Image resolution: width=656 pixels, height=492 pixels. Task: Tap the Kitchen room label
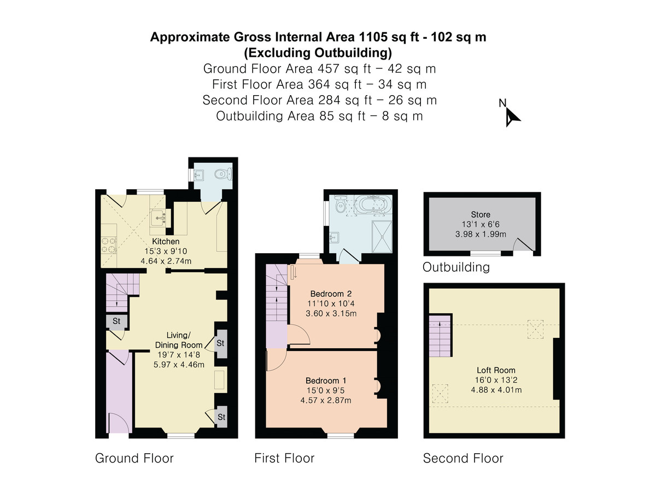pos(166,242)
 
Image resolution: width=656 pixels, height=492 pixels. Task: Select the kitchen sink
pos(159,218)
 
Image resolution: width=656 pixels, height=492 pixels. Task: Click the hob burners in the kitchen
pos(109,245)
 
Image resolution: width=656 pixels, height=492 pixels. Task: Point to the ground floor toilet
pos(223,174)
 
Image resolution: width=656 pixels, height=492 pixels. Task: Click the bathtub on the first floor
pos(373,205)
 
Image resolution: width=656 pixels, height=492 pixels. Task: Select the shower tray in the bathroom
pos(382,237)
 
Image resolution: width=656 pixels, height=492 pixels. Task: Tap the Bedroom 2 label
pos(331,294)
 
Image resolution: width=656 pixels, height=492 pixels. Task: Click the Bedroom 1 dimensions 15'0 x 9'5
pos(325,390)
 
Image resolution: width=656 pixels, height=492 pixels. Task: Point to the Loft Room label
pos(496,371)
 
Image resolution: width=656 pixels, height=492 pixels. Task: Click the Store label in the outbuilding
pos(481,214)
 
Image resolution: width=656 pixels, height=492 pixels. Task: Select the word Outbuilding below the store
pos(456,267)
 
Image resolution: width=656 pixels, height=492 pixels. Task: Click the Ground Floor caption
pos(134,458)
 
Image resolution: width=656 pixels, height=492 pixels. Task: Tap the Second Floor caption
pos(463,458)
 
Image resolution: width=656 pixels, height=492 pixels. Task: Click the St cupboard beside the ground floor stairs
pos(116,322)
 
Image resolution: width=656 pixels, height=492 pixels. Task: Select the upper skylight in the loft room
pos(535,329)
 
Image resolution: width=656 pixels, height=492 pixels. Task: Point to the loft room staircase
pos(440,336)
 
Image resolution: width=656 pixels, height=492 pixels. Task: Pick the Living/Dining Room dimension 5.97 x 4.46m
pos(179,365)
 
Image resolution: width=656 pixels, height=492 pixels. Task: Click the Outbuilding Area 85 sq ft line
pos(319,116)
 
